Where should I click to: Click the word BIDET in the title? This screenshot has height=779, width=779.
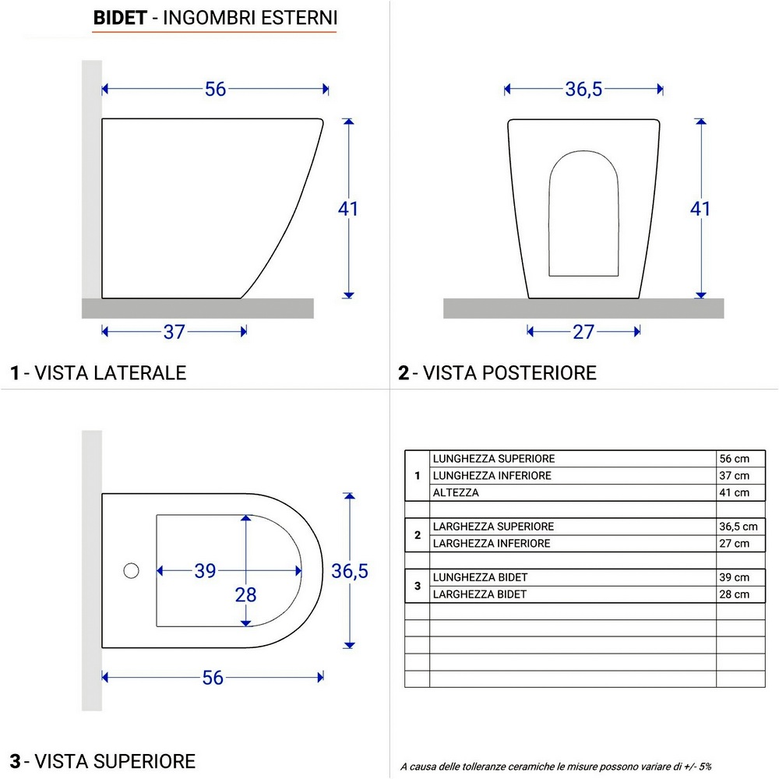tap(119, 18)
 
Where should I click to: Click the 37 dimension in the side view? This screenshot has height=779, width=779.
tap(174, 332)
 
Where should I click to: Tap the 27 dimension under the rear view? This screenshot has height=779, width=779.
tap(583, 332)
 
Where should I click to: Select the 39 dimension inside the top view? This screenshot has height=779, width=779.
tap(205, 571)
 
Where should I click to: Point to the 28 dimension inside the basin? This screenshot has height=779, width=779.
tap(246, 595)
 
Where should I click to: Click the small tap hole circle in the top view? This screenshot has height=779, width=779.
tap(131, 571)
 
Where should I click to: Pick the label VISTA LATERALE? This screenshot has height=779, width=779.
tap(105, 372)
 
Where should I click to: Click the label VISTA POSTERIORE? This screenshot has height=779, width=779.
tap(504, 372)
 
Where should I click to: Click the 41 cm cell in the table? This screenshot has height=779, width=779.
tap(734, 492)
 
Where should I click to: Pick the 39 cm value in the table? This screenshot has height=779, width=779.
tap(734, 577)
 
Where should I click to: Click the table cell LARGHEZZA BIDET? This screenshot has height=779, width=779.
tap(480, 594)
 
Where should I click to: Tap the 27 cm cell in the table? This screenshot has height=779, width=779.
tap(734, 544)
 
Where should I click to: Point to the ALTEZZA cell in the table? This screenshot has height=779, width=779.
tap(456, 492)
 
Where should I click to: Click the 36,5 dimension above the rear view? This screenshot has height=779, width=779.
tap(584, 90)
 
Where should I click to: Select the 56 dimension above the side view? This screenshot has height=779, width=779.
tap(216, 90)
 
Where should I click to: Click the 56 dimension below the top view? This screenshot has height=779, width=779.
tap(213, 678)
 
